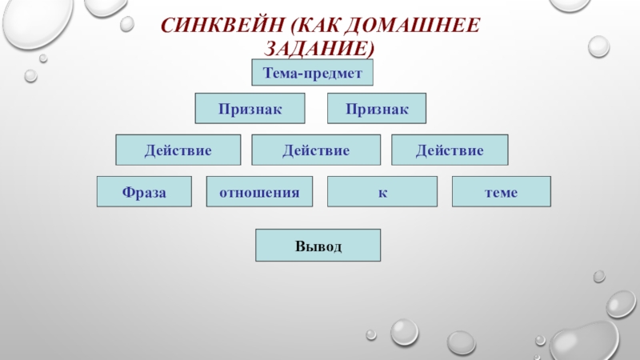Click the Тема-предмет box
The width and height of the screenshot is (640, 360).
pos(313,73)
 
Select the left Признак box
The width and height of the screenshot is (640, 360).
pos(250,108)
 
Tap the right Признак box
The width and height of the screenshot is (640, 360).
pos(377,108)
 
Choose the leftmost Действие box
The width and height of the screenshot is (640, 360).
pos(178,150)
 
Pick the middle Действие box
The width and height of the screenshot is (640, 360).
pos(316,150)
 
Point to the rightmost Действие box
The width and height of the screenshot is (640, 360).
pos(449,150)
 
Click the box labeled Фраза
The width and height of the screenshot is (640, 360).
pos(144,192)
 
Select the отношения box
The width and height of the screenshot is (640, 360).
pos(259,192)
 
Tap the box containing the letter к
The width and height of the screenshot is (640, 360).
pos(382,192)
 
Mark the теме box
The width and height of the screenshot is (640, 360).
pos(502,192)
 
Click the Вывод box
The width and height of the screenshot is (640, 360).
pos(318,246)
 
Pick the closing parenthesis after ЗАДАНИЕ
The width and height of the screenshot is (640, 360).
pos(371,49)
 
